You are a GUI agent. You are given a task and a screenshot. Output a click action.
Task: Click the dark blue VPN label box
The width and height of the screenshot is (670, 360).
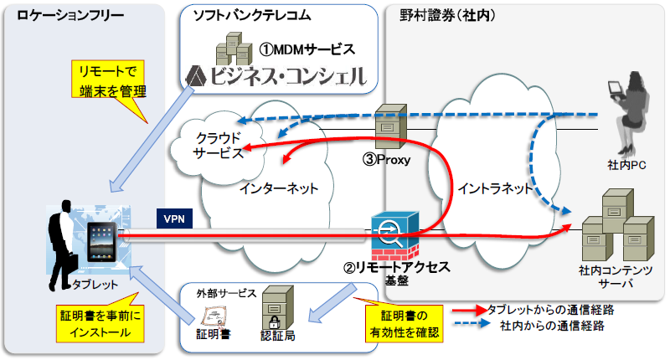click(174, 219)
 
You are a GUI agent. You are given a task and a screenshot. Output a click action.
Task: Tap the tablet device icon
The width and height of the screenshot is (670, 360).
click(101, 242)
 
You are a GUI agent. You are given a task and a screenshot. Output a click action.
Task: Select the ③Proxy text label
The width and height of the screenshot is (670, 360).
click(386, 160)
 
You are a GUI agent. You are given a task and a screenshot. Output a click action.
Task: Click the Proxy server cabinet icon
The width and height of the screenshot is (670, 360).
click(390, 126)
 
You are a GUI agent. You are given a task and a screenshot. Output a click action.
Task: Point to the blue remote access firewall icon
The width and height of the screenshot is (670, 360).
click(394, 236)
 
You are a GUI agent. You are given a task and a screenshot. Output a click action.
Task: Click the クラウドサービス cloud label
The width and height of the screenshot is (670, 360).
click(218, 146)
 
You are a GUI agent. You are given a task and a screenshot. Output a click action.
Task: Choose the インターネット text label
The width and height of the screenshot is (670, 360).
click(279, 188)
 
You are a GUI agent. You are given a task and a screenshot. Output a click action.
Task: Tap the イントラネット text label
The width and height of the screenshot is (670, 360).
click(495, 188)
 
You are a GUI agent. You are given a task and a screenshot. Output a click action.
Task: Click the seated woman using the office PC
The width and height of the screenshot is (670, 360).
click(628, 114)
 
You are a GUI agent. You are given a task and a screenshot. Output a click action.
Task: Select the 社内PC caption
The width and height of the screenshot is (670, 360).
click(626, 165)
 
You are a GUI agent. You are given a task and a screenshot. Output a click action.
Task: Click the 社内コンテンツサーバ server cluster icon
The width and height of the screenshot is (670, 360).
click(618, 225)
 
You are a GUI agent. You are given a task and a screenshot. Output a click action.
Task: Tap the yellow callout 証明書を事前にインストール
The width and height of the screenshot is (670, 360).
click(100, 323)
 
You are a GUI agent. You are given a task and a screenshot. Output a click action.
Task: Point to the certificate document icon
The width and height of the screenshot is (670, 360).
click(214, 316)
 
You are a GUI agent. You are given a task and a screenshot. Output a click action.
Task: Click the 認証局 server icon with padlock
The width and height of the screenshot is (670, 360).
click(277, 307)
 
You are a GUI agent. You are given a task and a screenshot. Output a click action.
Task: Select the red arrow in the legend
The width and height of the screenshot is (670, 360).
click(469, 310)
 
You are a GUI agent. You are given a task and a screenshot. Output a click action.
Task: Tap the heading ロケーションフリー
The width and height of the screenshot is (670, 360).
click(70, 16)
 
